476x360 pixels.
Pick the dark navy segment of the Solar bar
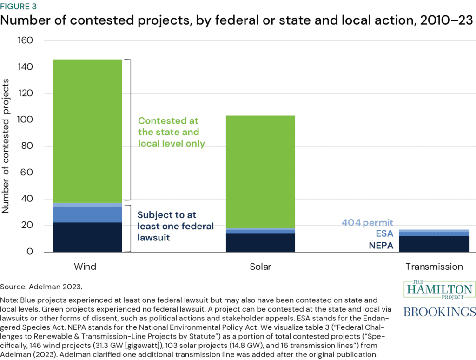[260, 243]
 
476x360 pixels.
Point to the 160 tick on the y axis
[25, 41]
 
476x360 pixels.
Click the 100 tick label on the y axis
[25, 120]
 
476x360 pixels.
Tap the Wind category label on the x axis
[86, 267]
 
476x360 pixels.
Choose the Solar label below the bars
[260, 267]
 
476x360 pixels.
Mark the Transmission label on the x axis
[434, 267]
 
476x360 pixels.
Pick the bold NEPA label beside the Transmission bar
[381, 245]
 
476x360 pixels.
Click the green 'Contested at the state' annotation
[172, 132]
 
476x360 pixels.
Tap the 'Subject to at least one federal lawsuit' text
[175, 227]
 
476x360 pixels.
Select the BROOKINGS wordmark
[440, 312]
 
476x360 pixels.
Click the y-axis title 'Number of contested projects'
[7, 146]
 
